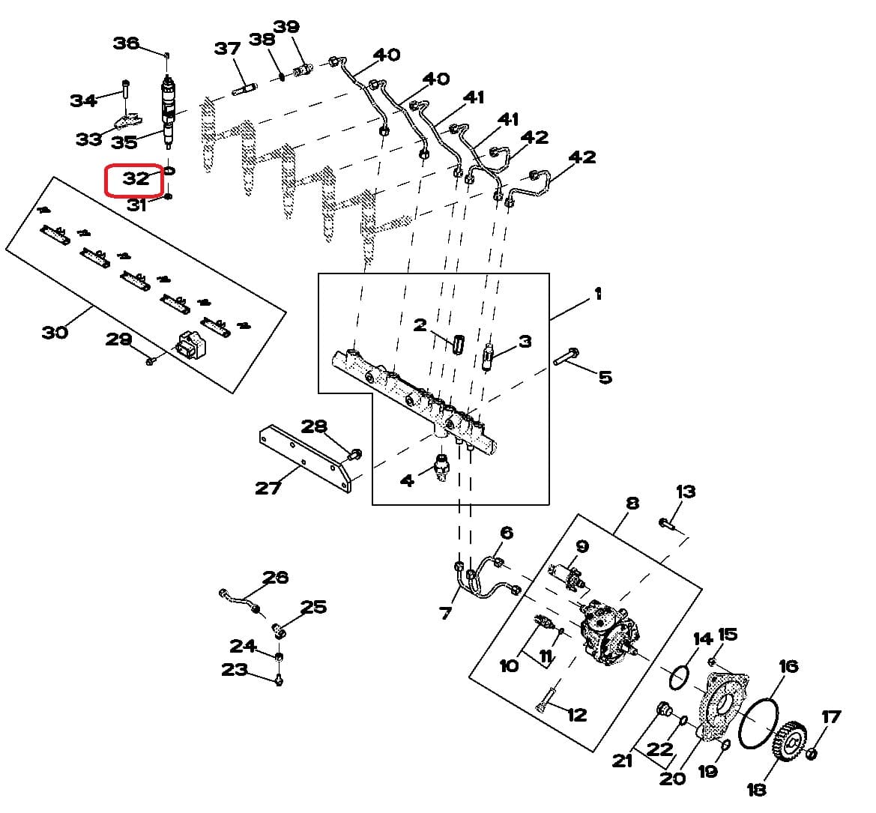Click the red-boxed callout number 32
click(136, 179)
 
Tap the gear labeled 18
click(786, 742)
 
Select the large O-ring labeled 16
click(758, 722)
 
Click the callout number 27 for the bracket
click(268, 488)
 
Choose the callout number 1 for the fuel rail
click(597, 294)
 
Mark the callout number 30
click(54, 331)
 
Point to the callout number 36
click(125, 43)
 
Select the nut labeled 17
click(812, 752)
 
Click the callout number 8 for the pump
click(632, 503)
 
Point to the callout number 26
click(275, 577)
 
